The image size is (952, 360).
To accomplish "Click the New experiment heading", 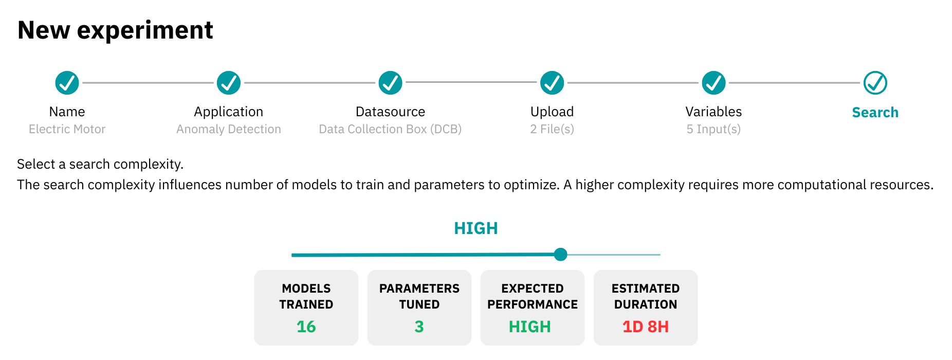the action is click(x=115, y=30).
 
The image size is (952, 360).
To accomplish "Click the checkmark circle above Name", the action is click(x=67, y=83).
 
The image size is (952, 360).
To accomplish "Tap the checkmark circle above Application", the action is click(x=229, y=83).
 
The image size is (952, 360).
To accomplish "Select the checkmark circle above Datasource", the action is click(x=391, y=83).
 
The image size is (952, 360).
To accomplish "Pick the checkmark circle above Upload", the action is click(x=552, y=83).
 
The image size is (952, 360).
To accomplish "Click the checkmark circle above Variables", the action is click(x=714, y=83).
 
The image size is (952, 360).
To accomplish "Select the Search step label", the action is click(x=875, y=113).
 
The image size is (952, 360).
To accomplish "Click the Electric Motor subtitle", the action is click(x=67, y=129).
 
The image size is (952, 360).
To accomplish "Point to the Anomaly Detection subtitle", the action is click(x=229, y=129).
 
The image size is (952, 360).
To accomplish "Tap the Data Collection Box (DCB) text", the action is click(x=391, y=129).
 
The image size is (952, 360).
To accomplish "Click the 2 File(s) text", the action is click(x=552, y=129).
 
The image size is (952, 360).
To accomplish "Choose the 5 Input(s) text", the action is click(x=714, y=129).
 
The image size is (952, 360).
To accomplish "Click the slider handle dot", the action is click(x=561, y=255).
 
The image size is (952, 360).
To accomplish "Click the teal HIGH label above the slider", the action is click(x=476, y=228).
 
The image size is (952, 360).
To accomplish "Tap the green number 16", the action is click(x=306, y=327).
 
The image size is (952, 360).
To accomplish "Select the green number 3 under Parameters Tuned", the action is click(x=419, y=327).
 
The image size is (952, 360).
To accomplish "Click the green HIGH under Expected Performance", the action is click(x=530, y=327).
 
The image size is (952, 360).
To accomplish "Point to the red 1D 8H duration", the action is click(x=646, y=327).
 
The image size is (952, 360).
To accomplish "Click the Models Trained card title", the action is click(x=306, y=296).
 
